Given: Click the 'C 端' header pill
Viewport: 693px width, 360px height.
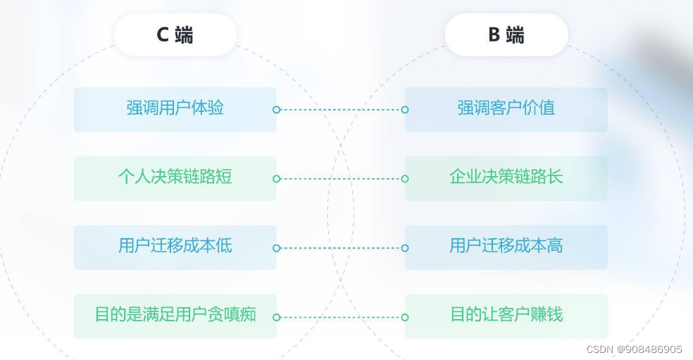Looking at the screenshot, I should tap(175, 35).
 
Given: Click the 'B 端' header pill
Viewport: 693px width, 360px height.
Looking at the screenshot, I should tap(506, 35).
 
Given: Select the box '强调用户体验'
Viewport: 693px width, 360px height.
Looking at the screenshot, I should tap(175, 109).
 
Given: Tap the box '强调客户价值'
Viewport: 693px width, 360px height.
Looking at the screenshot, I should tap(506, 109).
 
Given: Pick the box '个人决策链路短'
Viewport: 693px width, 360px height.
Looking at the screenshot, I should tap(175, 178).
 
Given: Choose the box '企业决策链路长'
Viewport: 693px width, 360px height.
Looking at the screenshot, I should tap(506, 178).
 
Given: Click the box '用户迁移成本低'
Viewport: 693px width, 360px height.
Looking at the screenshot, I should tap(175, 247).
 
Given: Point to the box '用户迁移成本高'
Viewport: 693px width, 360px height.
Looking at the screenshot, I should tap(506, 247).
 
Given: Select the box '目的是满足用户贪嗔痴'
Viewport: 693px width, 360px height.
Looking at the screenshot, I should tap(175, 316).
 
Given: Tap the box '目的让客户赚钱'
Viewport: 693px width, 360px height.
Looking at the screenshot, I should tap(506, 316).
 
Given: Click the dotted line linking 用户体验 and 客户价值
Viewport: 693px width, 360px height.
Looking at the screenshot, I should tap(341, 110).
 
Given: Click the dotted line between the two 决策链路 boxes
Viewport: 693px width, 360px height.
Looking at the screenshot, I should tap(341, 179).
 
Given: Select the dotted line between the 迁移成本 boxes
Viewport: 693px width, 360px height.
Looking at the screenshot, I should tap(341, 248).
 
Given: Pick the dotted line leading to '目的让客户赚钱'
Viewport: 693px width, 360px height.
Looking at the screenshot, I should tap(341, 317).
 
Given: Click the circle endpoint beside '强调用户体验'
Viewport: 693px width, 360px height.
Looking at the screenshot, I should tap(277, 110).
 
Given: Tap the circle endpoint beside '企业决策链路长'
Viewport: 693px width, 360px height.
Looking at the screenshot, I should tap(405, 179).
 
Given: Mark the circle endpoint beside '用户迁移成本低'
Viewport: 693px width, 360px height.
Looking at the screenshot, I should tap(277, 248).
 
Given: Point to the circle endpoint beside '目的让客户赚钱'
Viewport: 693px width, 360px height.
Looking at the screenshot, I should tap(405, 317).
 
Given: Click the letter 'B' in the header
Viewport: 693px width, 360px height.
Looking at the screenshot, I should tap(494, 35).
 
